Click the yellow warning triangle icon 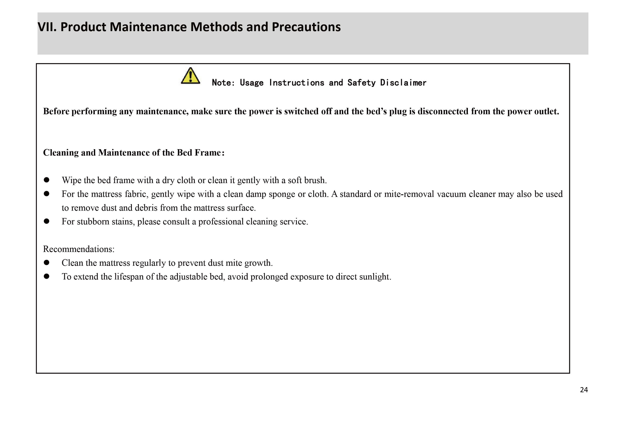click(x=190, y=76)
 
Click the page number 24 click(x=584, y=390)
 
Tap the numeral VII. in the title click(x=47, y=27)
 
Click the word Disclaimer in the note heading click(x=403, y=83)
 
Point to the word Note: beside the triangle click(x=223, y=83)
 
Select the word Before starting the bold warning click(x=56, y=111)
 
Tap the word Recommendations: click(x=78, y=249)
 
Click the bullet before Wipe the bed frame click(x=47, y=180)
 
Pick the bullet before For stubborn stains click(x=47, y=221)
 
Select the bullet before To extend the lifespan click(x=47, y=276)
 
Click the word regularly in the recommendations click(x=149, y=263)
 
